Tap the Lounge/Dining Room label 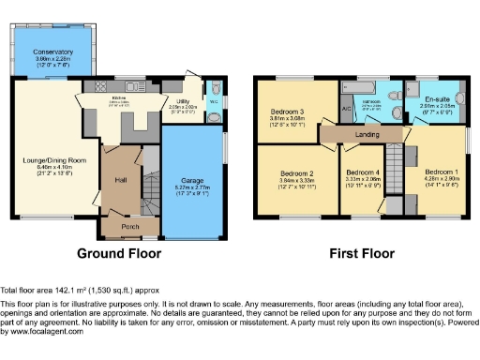55,160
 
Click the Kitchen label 119,97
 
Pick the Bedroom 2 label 296,173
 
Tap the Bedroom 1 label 439,172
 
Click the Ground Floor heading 118,253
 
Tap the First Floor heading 359,253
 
